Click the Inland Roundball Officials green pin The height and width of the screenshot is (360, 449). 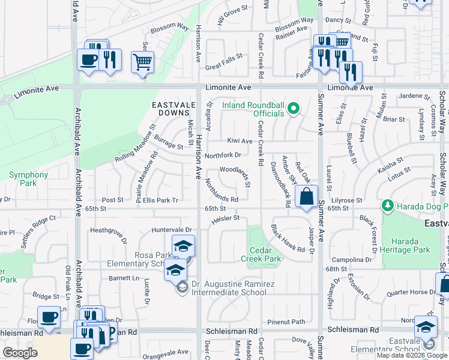click(293, 109)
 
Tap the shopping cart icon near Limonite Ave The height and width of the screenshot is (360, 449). click(142, 62)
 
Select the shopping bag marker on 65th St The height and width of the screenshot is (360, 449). click(306, 196)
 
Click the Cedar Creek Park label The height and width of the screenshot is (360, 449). click(265, 254)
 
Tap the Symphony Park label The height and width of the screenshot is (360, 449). click(28, 179)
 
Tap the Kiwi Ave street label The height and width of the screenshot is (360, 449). click(240, 141)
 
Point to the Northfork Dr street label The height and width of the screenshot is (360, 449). click(223, 155)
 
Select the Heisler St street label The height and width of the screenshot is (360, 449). click(225, 218)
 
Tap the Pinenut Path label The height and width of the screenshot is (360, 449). click(287, 322)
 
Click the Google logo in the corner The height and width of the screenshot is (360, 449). click(20, 353)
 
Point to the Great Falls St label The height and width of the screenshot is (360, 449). click(223, 57)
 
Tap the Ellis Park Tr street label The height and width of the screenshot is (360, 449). click(160, 200)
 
